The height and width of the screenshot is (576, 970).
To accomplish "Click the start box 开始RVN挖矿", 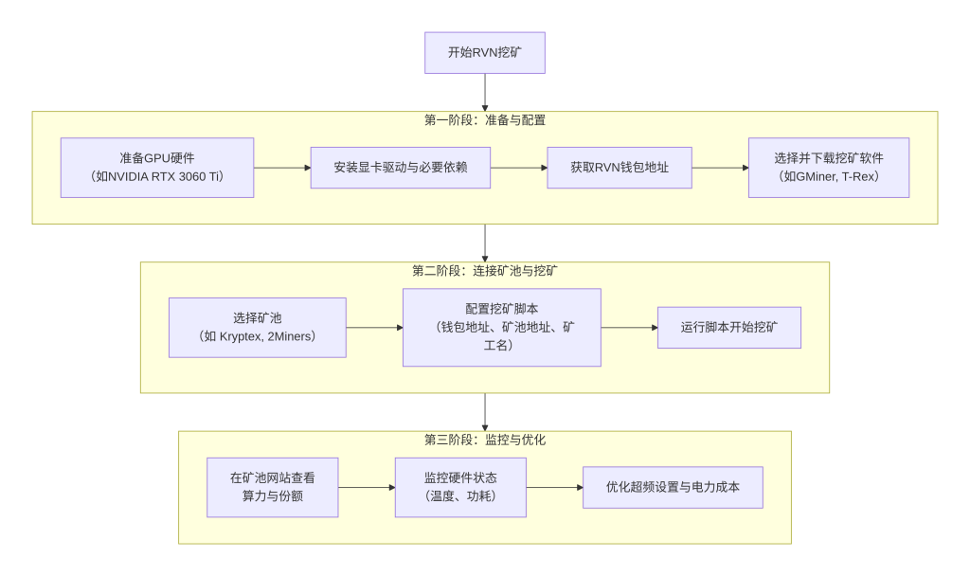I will pyautogui.click(x=484, y=52).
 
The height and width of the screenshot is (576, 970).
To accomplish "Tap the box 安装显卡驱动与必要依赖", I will pyautogui.click(x=400, y=168).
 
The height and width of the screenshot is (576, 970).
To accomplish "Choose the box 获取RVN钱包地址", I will pyautogui.click(x=619, y=168).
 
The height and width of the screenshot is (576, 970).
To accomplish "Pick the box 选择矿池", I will pyautogui.click(x=257, y=327).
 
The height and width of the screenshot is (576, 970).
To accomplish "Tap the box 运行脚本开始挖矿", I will pyautogui.click(x=728, y=327).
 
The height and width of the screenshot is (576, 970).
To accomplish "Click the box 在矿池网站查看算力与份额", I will pyautogui.click(x=272, y=487).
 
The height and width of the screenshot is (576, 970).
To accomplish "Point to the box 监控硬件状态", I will pyautogui.click(x=459, y=487).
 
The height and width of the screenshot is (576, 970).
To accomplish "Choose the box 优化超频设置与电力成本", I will pyautogui.click(x=673, y=487).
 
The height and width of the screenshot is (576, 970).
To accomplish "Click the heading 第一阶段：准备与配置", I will pyautogui.click(x=484, y=120).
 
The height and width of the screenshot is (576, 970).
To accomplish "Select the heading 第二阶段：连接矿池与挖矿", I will pyautogui.click(x=484, y=271).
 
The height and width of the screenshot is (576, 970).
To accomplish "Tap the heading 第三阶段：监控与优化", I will pyautogui.click(x=484, y=440).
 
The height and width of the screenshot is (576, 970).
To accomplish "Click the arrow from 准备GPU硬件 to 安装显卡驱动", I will pyautogui.click(x=282, y=168).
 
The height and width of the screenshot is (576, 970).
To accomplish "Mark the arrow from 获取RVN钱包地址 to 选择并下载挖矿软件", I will pyautogui.click(x=720, y=168).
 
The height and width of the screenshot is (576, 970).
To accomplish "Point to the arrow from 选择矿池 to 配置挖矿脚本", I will pyautogui.click(x=374, y=328).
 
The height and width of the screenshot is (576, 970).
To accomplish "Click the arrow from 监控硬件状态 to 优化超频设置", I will pyautogui.click(x=554, y=487).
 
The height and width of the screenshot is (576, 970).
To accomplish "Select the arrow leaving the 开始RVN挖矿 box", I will pyautogui.click(x=485, y=92).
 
